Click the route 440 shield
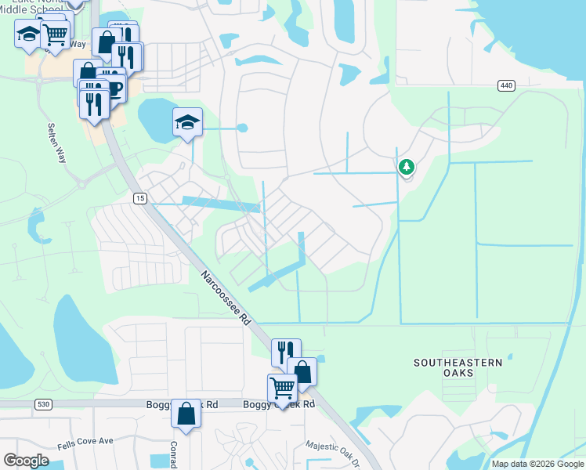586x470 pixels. (505, 85)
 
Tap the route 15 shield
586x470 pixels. (139, 198)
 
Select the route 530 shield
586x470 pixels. (42, 403)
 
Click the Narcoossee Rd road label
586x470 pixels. (224, 298)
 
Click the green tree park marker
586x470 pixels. (406, 167)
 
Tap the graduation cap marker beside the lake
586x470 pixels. (188, 122)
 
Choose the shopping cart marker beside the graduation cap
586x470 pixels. (55, 34)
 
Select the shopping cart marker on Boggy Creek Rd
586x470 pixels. (282, 387)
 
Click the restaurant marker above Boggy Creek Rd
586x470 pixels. (286, 352)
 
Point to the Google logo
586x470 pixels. (26, 461)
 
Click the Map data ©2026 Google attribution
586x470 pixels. (537, 464)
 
